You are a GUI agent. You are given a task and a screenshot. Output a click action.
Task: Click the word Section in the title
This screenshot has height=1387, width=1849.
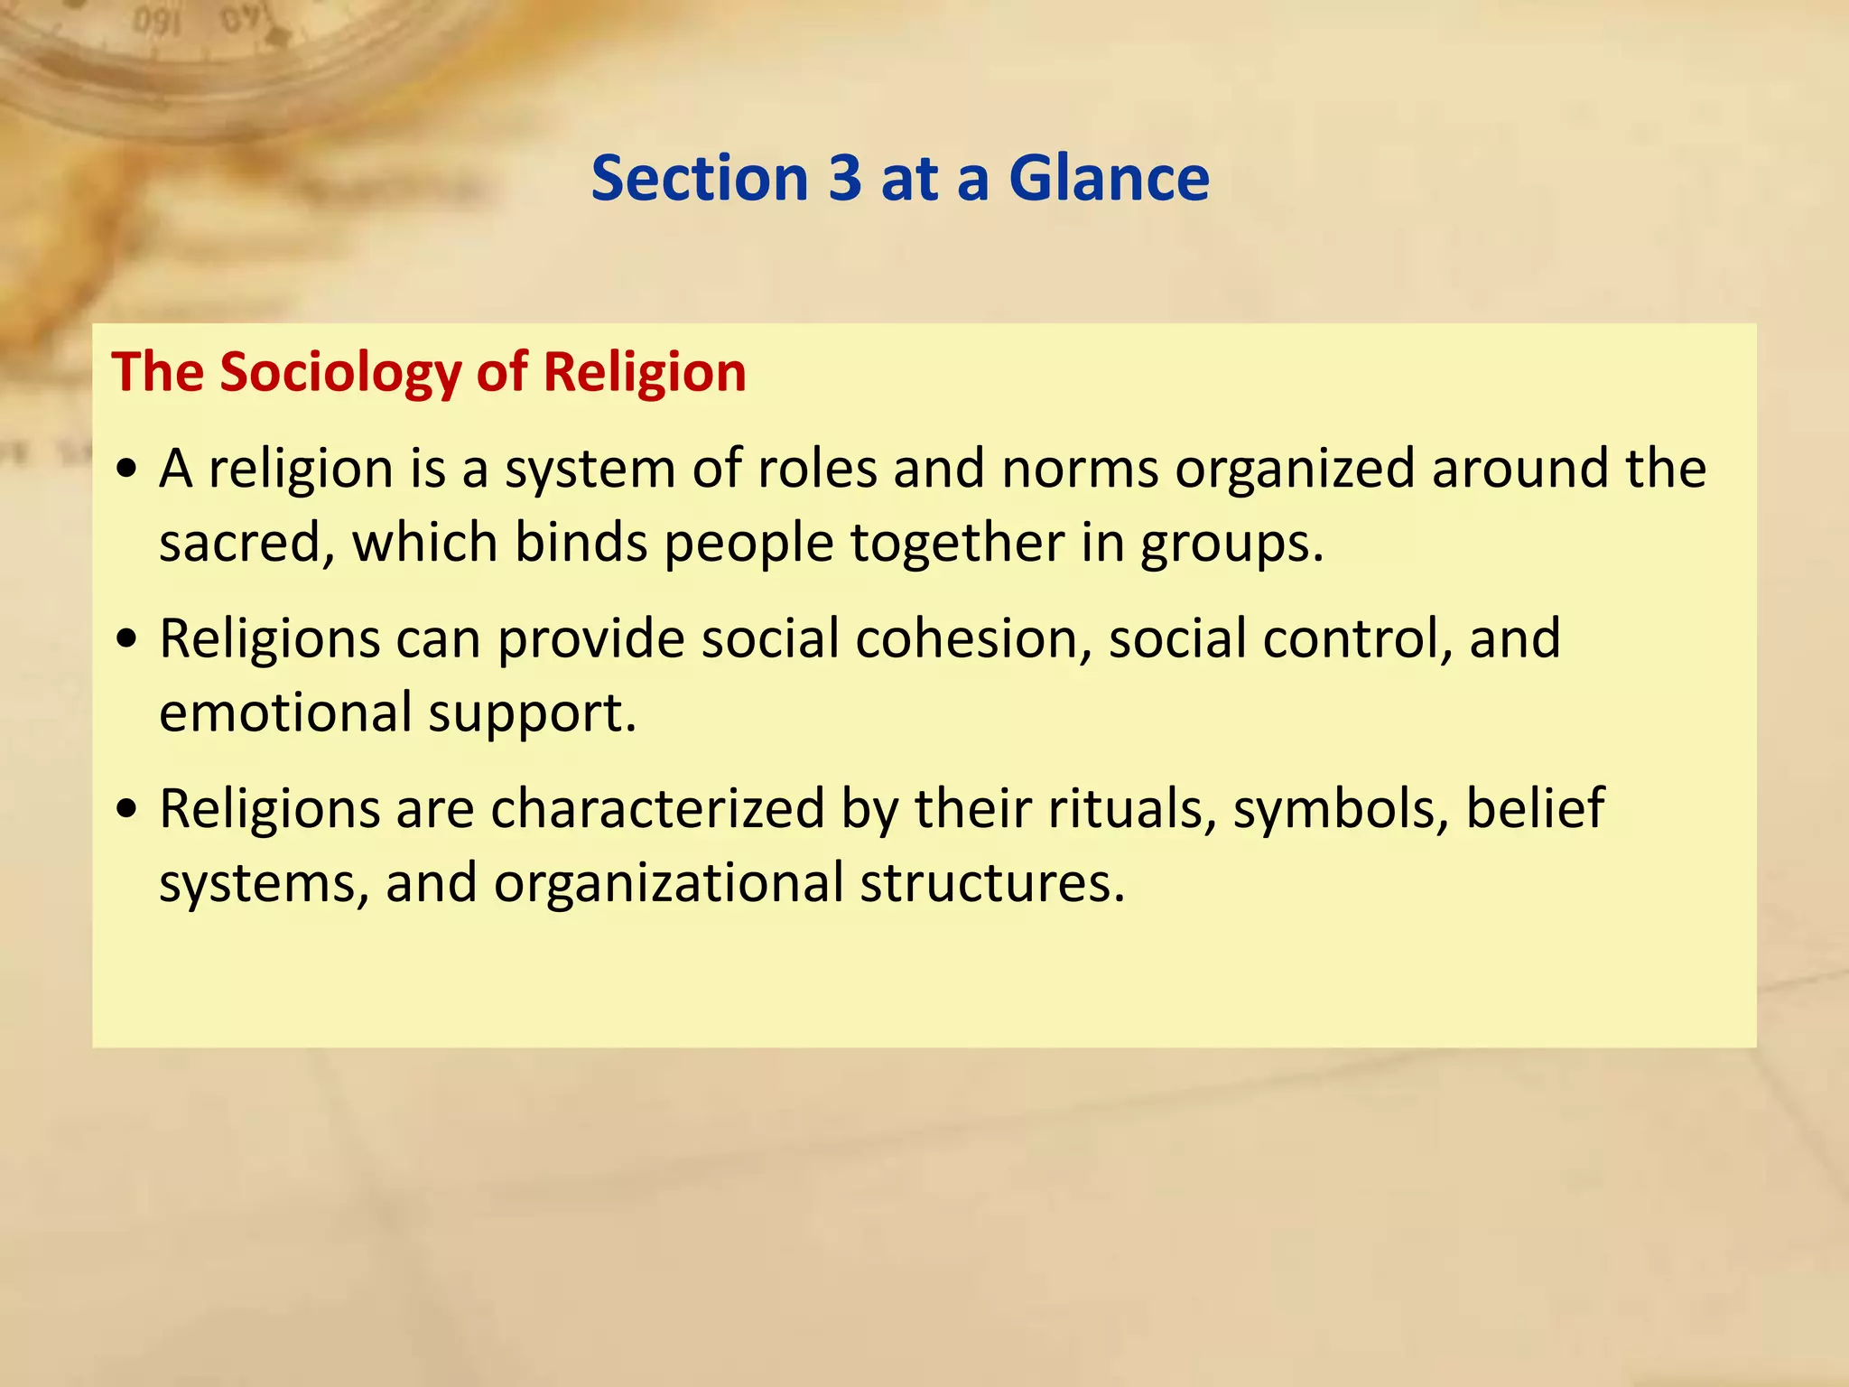(x=700, y=178)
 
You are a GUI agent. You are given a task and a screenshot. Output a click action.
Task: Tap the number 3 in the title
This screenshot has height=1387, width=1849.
(x=844, y=178)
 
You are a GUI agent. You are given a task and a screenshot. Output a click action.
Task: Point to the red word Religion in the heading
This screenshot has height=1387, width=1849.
(x=645, y=372)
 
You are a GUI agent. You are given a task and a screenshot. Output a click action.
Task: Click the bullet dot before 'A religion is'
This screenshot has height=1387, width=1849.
(x=127, y=470)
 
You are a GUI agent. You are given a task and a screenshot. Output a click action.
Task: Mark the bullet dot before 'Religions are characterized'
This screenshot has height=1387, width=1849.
(x=127, y=809)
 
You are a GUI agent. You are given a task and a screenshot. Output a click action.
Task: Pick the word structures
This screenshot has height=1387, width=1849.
(x=991, y=883)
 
